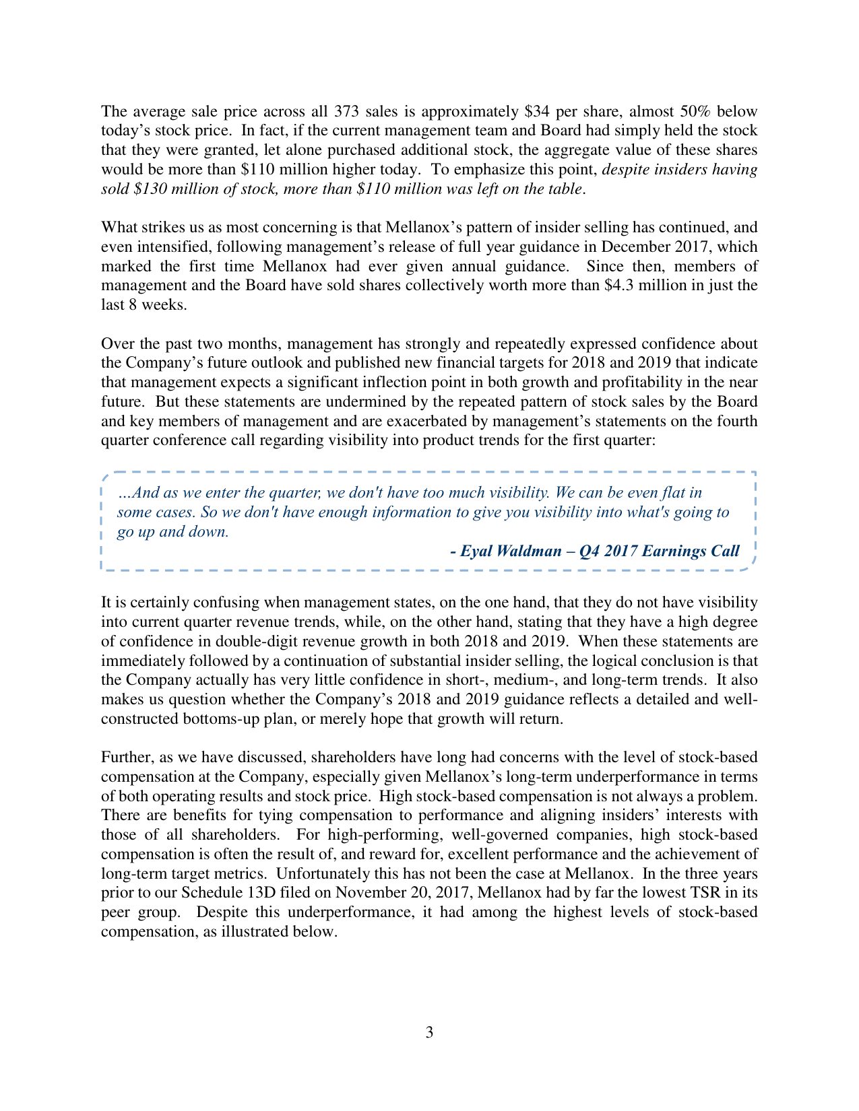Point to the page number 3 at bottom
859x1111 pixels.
(x=429, y=1032)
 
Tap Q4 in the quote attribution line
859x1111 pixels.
(x=590, y=551)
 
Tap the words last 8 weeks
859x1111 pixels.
(x=142, y=304)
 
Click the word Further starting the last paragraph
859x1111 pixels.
(x=127, y=757)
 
